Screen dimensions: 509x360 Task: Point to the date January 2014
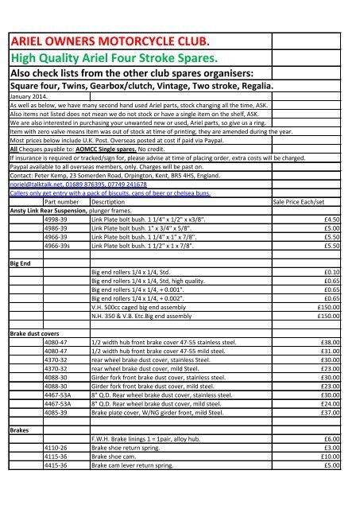point(25,96)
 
